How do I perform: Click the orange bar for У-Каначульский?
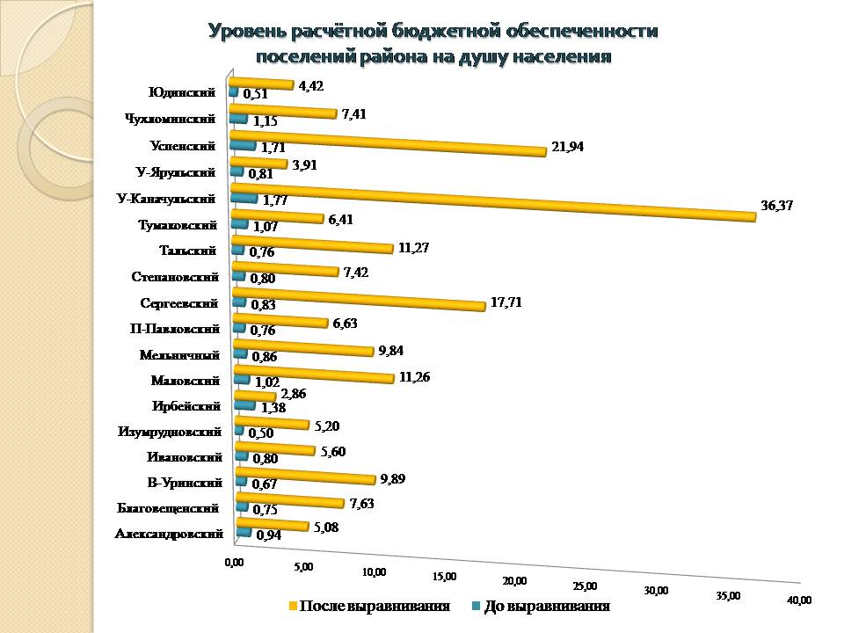tap(492, 203)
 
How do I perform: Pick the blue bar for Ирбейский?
tap(245, 405)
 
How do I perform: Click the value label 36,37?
tap(776, 208)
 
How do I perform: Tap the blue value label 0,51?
tap(255, 93)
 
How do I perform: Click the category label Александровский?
tap(169, 533)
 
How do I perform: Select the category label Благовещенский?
tap(167, 507)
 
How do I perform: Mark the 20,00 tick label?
tap(514, 580)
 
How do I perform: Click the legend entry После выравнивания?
tap(375, 607)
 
